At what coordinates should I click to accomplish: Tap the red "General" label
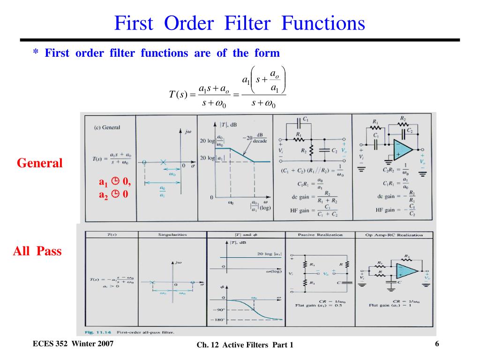(39, 163)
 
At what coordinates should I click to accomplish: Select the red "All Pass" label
(37, 251)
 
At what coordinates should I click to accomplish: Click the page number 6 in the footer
(437, 345)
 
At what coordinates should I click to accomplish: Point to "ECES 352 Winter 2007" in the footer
(73, 345)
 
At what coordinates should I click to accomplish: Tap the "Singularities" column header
(172, 234)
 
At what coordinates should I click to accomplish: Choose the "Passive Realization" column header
(320, 234)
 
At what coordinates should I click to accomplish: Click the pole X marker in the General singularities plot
(163, 162)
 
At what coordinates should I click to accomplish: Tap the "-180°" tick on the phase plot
(219, 320)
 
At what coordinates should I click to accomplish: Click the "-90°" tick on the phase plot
(219, 310)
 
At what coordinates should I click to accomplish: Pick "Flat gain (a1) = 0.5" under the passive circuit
(319, 305)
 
